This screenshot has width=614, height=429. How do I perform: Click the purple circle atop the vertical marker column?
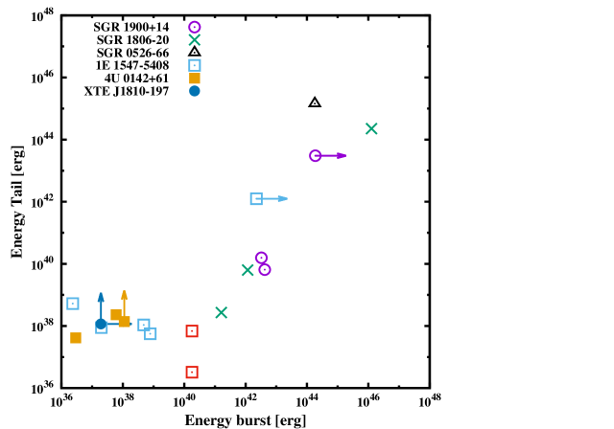(195, 27)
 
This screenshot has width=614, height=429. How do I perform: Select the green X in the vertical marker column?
(195, 40)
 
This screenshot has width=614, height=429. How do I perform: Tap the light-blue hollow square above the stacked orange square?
(195, 65)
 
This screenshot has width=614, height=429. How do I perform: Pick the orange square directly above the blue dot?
(195, 79)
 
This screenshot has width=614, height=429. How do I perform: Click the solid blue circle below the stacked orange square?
(195, 91)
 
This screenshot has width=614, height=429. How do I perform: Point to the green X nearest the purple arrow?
(371, 128)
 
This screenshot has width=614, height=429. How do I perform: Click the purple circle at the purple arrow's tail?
(316, 155)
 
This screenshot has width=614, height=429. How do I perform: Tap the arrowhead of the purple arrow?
(343, 155)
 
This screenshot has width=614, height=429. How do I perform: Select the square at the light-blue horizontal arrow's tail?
(256, 199)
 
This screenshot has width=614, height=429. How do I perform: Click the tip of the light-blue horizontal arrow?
(285, 198)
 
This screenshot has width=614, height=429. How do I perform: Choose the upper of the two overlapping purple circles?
(261, 258)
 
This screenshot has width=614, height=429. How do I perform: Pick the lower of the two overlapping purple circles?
(265, 270)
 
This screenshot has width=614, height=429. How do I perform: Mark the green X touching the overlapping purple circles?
(248, 270)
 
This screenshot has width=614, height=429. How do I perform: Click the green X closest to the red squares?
(222, 312)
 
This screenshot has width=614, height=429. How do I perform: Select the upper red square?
(192, 331)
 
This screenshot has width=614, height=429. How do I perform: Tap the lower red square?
(192, 373)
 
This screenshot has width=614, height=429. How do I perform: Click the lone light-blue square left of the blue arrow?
(73, 304)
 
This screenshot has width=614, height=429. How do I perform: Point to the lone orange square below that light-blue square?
(76, 338)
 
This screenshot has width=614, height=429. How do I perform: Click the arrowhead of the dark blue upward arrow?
(101, 296)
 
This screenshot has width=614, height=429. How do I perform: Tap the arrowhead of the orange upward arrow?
(124, 294)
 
